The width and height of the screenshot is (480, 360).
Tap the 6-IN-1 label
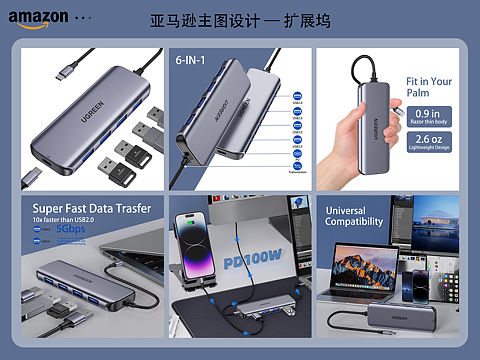click(190, 61)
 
